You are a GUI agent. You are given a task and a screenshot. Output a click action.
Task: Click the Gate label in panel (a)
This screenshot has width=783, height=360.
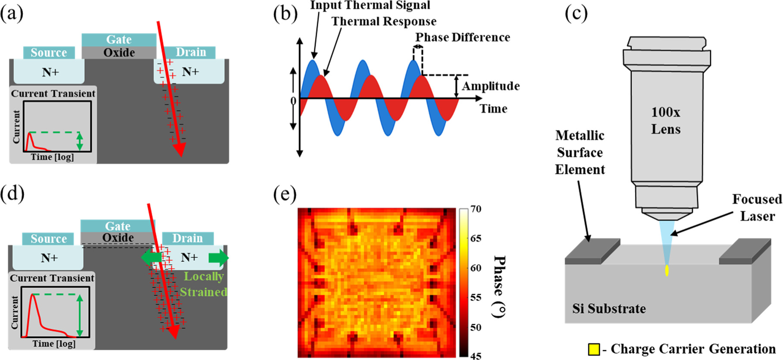(119, 40)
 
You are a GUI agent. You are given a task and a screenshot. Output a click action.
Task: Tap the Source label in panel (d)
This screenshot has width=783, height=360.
(48, 239)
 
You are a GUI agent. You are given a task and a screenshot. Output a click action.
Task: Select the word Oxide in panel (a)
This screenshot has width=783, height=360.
(119, 53)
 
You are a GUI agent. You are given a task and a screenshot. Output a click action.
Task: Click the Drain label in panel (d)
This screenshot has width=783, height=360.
(188, 238)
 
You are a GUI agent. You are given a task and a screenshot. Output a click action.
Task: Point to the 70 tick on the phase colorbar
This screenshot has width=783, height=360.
(476, 209)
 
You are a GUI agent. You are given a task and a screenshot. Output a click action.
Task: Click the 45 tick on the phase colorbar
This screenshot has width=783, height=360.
(476, 356)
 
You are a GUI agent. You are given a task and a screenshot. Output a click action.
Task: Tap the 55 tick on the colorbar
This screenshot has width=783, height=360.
(476, 297)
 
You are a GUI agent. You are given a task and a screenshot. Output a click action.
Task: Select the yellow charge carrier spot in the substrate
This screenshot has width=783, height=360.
(667, 270)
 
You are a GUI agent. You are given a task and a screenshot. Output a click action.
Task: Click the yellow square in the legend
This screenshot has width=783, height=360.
(594, 349)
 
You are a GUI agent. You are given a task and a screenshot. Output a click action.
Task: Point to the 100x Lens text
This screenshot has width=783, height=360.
(666, 121)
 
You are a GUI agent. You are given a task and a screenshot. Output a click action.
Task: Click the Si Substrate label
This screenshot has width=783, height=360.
(609, 309)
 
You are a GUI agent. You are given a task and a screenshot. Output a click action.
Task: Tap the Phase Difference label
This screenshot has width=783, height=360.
(463, 38)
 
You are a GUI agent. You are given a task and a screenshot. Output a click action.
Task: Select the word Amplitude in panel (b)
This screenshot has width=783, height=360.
(491, 86)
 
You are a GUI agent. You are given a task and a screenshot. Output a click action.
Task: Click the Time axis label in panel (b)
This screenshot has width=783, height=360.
(494, 109)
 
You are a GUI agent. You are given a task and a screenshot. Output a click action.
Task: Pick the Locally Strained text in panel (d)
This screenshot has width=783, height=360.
(204, 284)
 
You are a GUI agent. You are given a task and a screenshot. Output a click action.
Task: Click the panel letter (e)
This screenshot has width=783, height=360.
(285, 194)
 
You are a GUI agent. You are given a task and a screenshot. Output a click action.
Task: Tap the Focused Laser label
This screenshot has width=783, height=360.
(757, 207)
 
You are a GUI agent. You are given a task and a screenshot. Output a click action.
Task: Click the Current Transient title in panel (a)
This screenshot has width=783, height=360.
(53, 94)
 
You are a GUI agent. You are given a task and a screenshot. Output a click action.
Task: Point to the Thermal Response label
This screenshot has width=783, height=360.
(384, 22)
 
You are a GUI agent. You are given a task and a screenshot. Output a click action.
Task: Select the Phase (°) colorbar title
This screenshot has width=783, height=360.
(499, 286)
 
